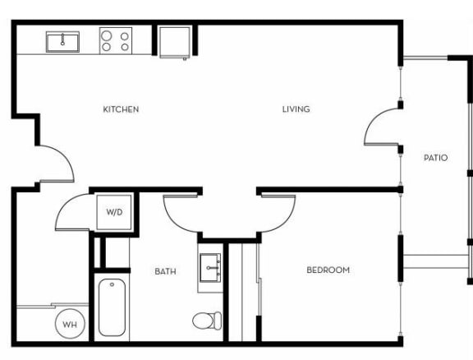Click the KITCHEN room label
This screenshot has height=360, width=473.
click(121, 109)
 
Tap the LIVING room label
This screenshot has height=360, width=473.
click(296, 109)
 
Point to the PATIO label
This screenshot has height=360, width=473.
click(435, 157)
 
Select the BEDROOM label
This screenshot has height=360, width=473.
click(328, 270)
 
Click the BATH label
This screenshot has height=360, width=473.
click(165, 270)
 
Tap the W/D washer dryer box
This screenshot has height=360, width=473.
click(114, 213)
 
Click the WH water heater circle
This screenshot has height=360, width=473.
click(70, 324)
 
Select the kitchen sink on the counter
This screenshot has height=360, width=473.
click(62, 40)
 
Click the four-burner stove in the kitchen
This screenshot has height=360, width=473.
click(116, 40)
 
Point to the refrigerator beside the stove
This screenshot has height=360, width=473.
click(173, 41)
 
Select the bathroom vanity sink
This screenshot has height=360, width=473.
click(211, 267)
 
